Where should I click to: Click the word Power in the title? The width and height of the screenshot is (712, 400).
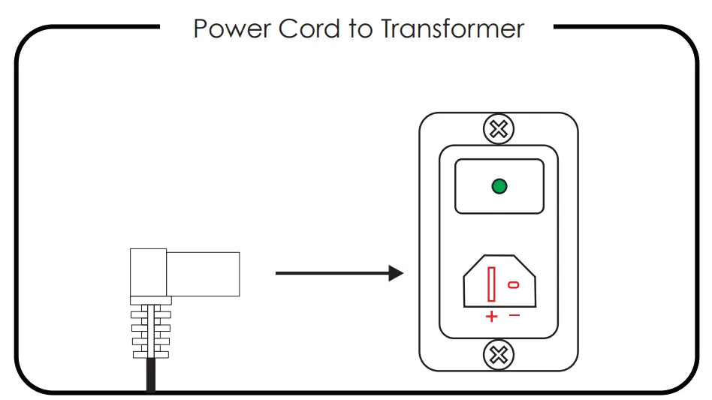point(231,29)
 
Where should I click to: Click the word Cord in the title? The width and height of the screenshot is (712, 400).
point(309,29)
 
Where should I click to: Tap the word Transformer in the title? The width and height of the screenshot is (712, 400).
point(452,29)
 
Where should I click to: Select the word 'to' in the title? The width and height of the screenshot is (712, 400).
point(361,29)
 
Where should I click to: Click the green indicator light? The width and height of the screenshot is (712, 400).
point(499,186)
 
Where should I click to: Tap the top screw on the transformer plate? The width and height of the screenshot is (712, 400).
point(499,129)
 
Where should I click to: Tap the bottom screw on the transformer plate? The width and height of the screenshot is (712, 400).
point(499,355)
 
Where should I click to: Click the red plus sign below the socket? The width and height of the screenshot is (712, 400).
point(491,316)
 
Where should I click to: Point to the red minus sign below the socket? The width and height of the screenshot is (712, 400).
point(514,314)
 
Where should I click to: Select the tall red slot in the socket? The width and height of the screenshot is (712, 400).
point(491,284)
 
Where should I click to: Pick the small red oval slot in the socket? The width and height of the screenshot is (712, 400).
point(514,285)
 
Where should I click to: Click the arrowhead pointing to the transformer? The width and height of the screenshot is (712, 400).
point(396,273)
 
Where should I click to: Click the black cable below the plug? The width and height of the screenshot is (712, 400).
point(151,374)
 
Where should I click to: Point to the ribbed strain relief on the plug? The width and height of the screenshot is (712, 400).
point(151,331)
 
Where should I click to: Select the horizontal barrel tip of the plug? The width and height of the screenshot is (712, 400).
point(203,274)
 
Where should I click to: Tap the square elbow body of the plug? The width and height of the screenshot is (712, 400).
point(148,272)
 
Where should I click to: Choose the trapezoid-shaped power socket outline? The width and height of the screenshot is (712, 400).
point(463,290)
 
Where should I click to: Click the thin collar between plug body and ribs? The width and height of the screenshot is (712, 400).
point(151,300)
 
